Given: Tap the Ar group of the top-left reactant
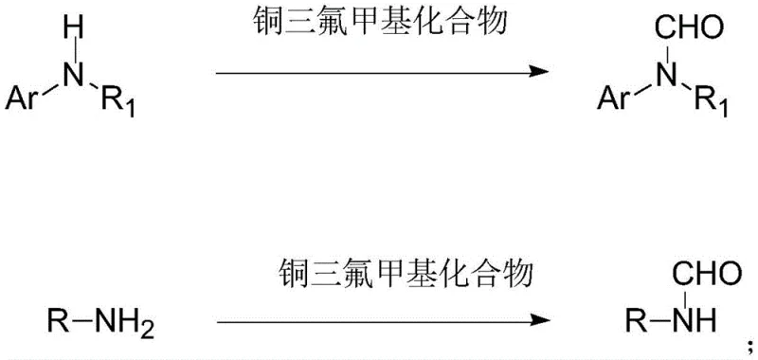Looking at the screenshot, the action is (x=26, y=97).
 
